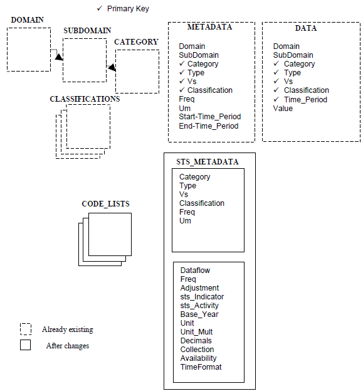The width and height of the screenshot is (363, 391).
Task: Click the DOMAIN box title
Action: point(28,20)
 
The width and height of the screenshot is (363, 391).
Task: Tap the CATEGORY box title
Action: point(136,42)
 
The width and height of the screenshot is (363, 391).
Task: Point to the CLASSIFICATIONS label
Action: point(85,99)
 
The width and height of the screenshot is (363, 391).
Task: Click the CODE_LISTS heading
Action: point(106,204)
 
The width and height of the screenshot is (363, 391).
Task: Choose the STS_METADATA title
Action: point(208,162)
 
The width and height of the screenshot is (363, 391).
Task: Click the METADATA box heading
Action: point(209,27)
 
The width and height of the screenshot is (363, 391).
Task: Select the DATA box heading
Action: point(306,28)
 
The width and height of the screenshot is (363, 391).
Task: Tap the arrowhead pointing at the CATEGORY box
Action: point(112,67)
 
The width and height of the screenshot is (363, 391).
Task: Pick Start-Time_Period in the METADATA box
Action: point(209,117)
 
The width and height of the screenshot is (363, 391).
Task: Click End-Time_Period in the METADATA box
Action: point(208,126)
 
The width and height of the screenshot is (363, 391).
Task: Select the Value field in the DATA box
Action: point(283,109)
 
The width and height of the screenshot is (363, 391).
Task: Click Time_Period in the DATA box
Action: point(305,100)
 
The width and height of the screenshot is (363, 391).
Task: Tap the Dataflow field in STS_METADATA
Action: point(195,270)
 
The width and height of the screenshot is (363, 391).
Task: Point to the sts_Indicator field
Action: point(202,297)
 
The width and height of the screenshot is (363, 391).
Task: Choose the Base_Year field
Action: point(199,314)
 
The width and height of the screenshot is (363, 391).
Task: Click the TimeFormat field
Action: point(201,367)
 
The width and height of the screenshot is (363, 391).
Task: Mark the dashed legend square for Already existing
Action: point(26,329)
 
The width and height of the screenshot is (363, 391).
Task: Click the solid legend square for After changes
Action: point(26,345)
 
